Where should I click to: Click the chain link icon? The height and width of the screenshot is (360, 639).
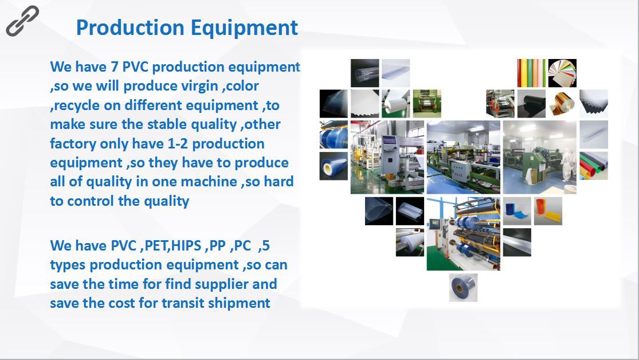[22, 21]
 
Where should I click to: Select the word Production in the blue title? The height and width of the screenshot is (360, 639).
[130, 28]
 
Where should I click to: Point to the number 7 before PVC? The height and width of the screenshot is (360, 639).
[114, 67]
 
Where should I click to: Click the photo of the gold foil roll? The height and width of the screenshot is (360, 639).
[562, 104]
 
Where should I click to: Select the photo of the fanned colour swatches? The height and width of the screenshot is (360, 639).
[562, 73]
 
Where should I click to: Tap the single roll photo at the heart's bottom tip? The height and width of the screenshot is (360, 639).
[464, 288]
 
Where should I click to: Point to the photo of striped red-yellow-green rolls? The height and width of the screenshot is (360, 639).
[531, 73]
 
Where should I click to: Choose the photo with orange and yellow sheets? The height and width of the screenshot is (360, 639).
[548, 211]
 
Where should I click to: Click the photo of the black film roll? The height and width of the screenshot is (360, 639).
[531, 104]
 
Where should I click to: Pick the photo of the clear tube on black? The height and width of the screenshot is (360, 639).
[364, 73]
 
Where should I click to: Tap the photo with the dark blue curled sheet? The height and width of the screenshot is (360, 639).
[517, 211]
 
